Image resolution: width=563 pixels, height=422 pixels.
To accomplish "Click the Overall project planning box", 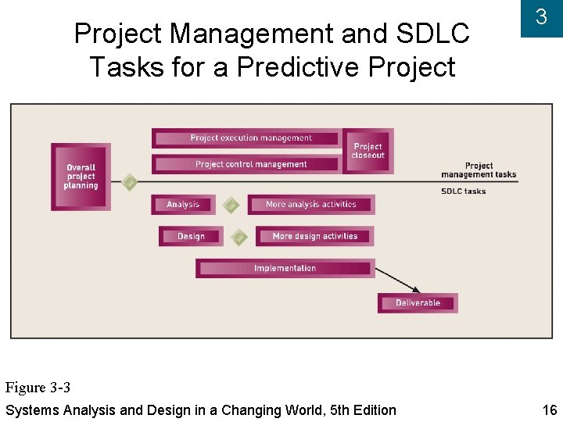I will [81, 177].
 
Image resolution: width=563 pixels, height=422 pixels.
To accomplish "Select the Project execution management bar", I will [247, 138].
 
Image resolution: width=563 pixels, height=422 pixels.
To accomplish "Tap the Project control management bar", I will [247, 164].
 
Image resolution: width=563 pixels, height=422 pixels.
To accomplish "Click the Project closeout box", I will [368, 151].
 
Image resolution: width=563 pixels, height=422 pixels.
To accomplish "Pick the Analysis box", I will [183, 205].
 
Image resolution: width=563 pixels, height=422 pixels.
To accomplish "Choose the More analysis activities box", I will [311, 205].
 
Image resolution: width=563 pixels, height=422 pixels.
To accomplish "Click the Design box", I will [191, 236].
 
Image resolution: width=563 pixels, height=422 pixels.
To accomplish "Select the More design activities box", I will [314, 236].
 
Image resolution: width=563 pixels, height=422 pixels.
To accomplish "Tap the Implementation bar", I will [285, 268].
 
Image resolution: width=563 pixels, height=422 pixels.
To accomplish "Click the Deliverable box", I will [418, 302].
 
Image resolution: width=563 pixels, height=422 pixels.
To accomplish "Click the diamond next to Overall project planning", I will [130, 183].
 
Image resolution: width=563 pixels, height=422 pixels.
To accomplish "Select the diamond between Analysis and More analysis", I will [231, 205].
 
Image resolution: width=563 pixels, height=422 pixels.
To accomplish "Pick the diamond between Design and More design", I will [240, 236].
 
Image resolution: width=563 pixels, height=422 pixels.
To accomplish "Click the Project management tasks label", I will [479, 170].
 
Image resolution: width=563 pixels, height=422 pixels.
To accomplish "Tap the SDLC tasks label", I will [463, 191].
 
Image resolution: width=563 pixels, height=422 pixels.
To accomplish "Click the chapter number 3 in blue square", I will [541, 17].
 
